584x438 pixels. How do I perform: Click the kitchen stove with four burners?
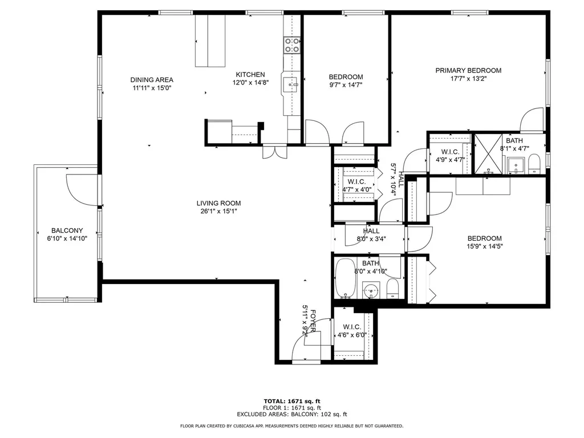pyautogui.click(x=292, y=45)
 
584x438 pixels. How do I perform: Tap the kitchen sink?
pyautogui.click(x=290, y=85)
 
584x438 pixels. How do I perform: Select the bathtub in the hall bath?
pyautogui.click(x=345, y=278)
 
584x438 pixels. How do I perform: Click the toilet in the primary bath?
pyautogui.click(x=534, y=164)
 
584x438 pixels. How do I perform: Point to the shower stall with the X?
pyautogui.click(x=488, y=154)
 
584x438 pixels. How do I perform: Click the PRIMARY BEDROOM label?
pyautogui.click(x=468, y=70)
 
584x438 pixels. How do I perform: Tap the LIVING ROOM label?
pyautogui.click(x=218, y=203)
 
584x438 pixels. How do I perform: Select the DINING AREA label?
pyautogui.click(x=152, y=80)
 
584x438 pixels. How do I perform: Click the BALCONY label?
pyautogui.click(x=67, y=230)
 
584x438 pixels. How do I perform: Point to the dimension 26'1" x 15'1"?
pyautogui.click(x=218, y=211)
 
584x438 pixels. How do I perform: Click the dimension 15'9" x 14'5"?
pyautogui.click(x=485, y=246)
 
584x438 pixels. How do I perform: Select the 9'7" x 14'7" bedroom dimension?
pyautogui.click(x=346, y=85)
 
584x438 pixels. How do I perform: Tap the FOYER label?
pyautogui.click(x=313, y=321)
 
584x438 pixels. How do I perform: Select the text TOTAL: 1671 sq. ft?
pyautogui.click(x=292, y=401)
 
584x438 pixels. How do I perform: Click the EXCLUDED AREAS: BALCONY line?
pyautogui.click(x=292, y=414)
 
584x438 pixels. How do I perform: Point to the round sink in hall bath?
pyautogui.click(x=371, y=290)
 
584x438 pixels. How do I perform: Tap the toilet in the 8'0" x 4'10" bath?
pyautogui.click(x=392, y=289)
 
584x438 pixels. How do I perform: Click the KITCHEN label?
pyautogui.click(x=250, y=75)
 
